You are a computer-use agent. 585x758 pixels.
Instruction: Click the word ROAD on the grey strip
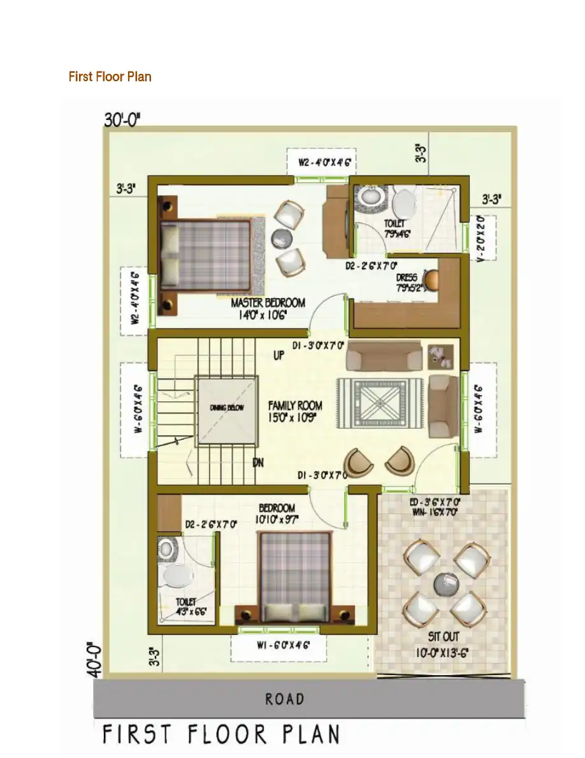pyautogui.click(x=285, y=699)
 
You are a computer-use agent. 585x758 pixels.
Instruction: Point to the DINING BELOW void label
pyautogui.click(x=227, y=408)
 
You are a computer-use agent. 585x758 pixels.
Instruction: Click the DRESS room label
pyautogui.click(x=407, y=278)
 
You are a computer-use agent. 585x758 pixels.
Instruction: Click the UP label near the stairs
pyautogui.click(x=278, y=356)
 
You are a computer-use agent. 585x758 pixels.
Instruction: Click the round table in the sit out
pyautogui.click(x=446, y=583)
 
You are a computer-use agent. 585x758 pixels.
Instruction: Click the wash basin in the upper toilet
pyautogui.click(x=369, y=197)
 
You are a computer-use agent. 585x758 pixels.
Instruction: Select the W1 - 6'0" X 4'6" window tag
pyautogui.click(x=278, y=646)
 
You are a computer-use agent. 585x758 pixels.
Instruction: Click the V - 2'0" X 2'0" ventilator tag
pyautogui.click(x=481, y=238)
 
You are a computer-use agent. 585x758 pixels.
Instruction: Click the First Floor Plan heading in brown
pyautogui.click(x=110, y=77)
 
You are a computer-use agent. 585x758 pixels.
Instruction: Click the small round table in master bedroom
pyautogui.click(x=282, y=238)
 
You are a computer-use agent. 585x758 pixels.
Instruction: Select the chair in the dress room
pyautogui.click(x=431, y=279)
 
